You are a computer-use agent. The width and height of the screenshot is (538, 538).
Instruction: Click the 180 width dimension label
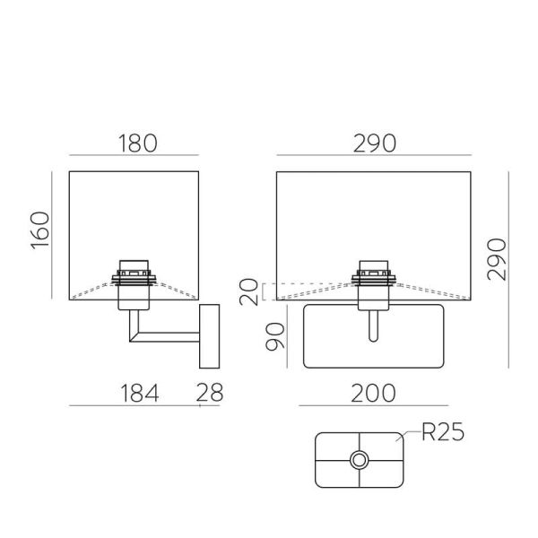(135, 143)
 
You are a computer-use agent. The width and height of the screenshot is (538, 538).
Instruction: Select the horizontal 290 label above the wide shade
(373, 143)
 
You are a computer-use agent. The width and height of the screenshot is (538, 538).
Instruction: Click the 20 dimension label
(251, 291)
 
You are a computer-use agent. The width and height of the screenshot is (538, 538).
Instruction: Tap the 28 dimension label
(209, 392)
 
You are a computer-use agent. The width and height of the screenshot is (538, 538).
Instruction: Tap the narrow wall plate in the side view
(209, 335)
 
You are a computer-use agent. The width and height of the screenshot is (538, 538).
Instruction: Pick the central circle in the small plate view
(360, 460)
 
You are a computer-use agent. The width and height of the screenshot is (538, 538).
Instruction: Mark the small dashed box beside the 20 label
(269, 291)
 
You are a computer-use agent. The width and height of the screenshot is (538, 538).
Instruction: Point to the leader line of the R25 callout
(411, 437)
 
